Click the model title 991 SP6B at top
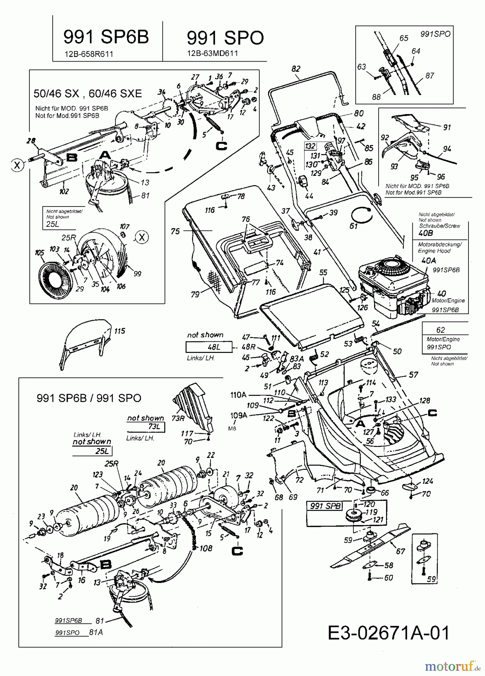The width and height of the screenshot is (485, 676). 106,37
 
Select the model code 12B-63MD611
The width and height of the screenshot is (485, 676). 212,53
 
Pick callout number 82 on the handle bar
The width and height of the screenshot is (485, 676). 296,69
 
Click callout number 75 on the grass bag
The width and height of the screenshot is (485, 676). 175,231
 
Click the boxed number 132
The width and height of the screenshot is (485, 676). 310,146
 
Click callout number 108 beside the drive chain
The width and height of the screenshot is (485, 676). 206,549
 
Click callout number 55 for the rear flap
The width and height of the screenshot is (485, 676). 323,273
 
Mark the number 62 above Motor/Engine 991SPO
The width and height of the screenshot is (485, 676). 441,330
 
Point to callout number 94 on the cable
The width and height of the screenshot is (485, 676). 447,149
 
